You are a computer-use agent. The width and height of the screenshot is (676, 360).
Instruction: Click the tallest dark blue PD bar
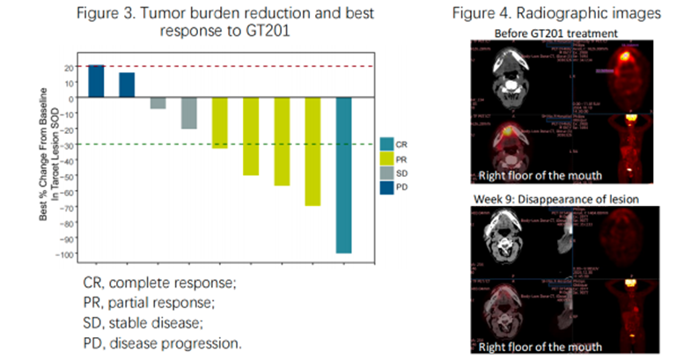point(96,81)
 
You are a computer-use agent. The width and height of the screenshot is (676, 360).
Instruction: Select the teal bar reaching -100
point(344,175)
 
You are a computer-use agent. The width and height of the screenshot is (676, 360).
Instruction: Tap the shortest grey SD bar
point(158,102)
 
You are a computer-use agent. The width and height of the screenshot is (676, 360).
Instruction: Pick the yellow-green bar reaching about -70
point(313,151)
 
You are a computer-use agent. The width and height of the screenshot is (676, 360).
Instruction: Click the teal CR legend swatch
point(386,143)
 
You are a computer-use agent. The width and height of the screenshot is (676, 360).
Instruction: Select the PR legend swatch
point(386,158)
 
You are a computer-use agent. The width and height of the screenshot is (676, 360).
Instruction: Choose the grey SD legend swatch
point(386,172)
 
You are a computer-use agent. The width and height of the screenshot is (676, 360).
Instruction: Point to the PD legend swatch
point(386,186)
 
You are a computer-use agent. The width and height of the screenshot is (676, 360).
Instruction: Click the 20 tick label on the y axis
point(68,66)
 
